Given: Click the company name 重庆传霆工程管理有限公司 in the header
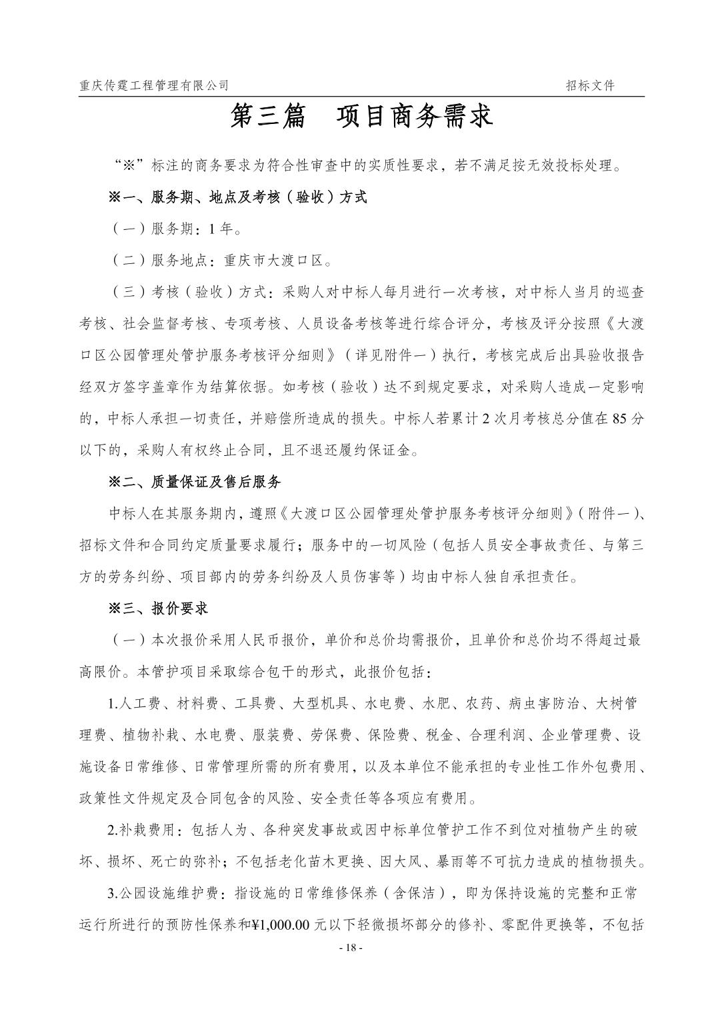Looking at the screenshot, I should point(153,85).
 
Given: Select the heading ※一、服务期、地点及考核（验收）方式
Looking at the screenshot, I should point(237,197).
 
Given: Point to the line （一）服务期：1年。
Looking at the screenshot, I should point(176,229).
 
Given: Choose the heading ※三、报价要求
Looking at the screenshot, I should point(158,608).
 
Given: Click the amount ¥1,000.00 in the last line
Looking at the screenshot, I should point(281,925).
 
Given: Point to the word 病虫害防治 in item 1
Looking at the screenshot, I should point(544,704).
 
